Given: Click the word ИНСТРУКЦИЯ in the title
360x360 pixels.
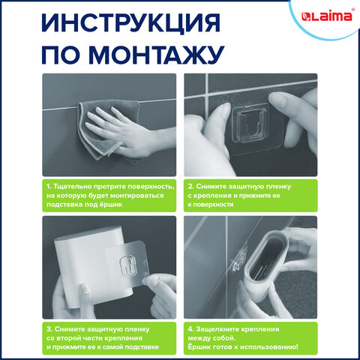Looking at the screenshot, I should pos(131,23).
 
